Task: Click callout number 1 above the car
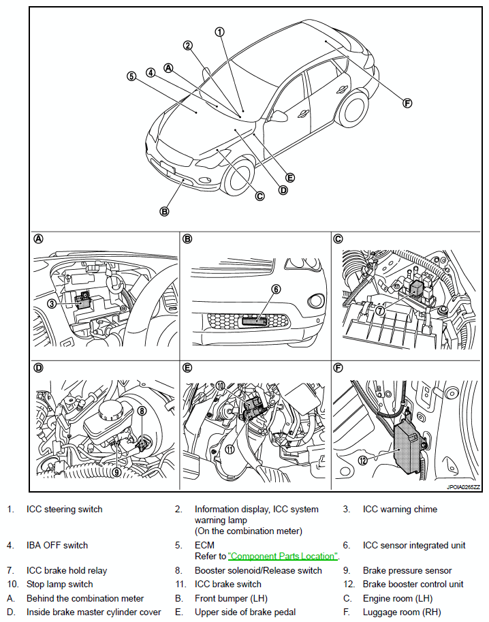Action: point(219,31)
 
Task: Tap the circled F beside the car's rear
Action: point(407,104)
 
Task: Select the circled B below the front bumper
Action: point(164,211)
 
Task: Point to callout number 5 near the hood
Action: point(131,76)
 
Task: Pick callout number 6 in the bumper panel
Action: point(276,289)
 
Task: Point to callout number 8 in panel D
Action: point(142,411)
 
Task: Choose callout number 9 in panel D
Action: point(117,471)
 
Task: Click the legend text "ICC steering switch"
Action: point(65,509)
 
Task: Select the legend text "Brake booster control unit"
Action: point(413,584)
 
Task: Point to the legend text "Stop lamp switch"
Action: point(60,584)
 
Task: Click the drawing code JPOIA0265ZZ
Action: point(463,488)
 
